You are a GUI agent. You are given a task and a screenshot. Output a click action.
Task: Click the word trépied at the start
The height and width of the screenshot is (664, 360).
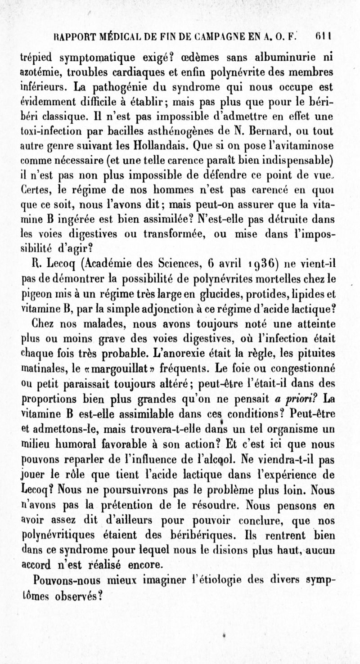coord(38,58)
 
